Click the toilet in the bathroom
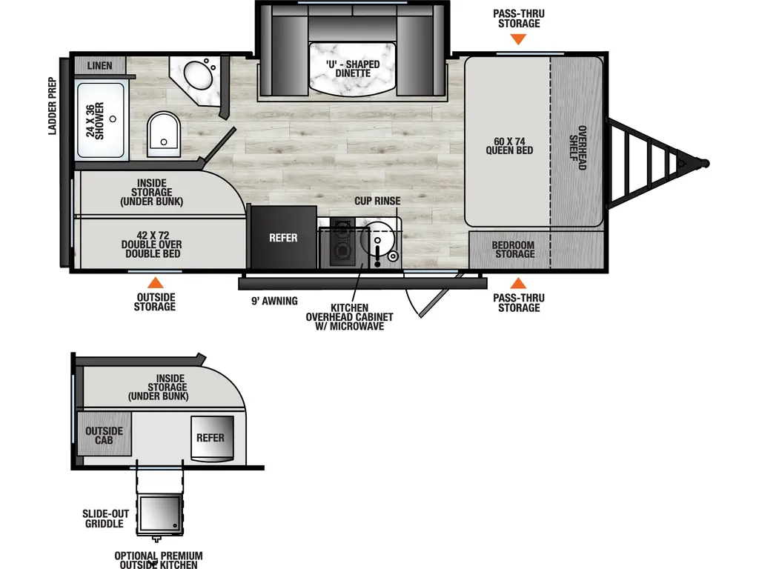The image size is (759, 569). tap(163, 134)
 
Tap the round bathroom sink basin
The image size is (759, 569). tap(197, 75)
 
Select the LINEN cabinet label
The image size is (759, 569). tap(99, 66)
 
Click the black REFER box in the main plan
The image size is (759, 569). tap(282, 238)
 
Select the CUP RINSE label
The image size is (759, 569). tap(377, 201)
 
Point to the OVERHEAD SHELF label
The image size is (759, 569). tap(577, 147)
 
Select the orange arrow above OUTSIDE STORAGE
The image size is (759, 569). tap(155, 282)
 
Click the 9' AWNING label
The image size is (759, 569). tap(274, 301)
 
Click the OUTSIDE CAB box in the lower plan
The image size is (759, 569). tap(104, 435)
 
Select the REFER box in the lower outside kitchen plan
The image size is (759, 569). tap(211, 437)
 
